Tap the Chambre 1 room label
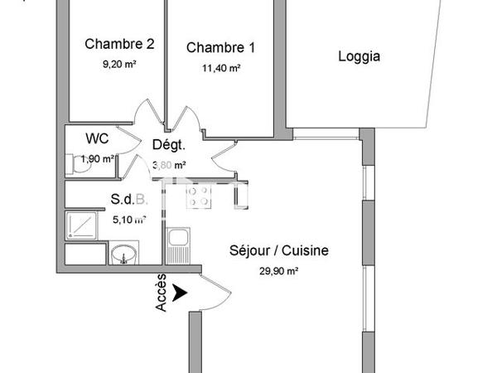pyautogui.click(x=220, y=47)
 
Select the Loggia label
pyautogui.click(x=359, y=56)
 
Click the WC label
pyautogui.click(x=97, y=138)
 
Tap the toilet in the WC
pyautogui.click(x=82, y=162)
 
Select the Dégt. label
pyautogui.click(x=169, y=145)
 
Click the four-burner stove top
pyautogui.click(x=199, y=196)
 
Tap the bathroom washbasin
pyautogui.click(x=124, y=253)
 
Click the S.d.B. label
pyautogui.click(x=129, y=200)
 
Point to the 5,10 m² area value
pyautogui.click(x=129, y=220)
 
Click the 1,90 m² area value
pyautogui.click(x=98, y=157)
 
